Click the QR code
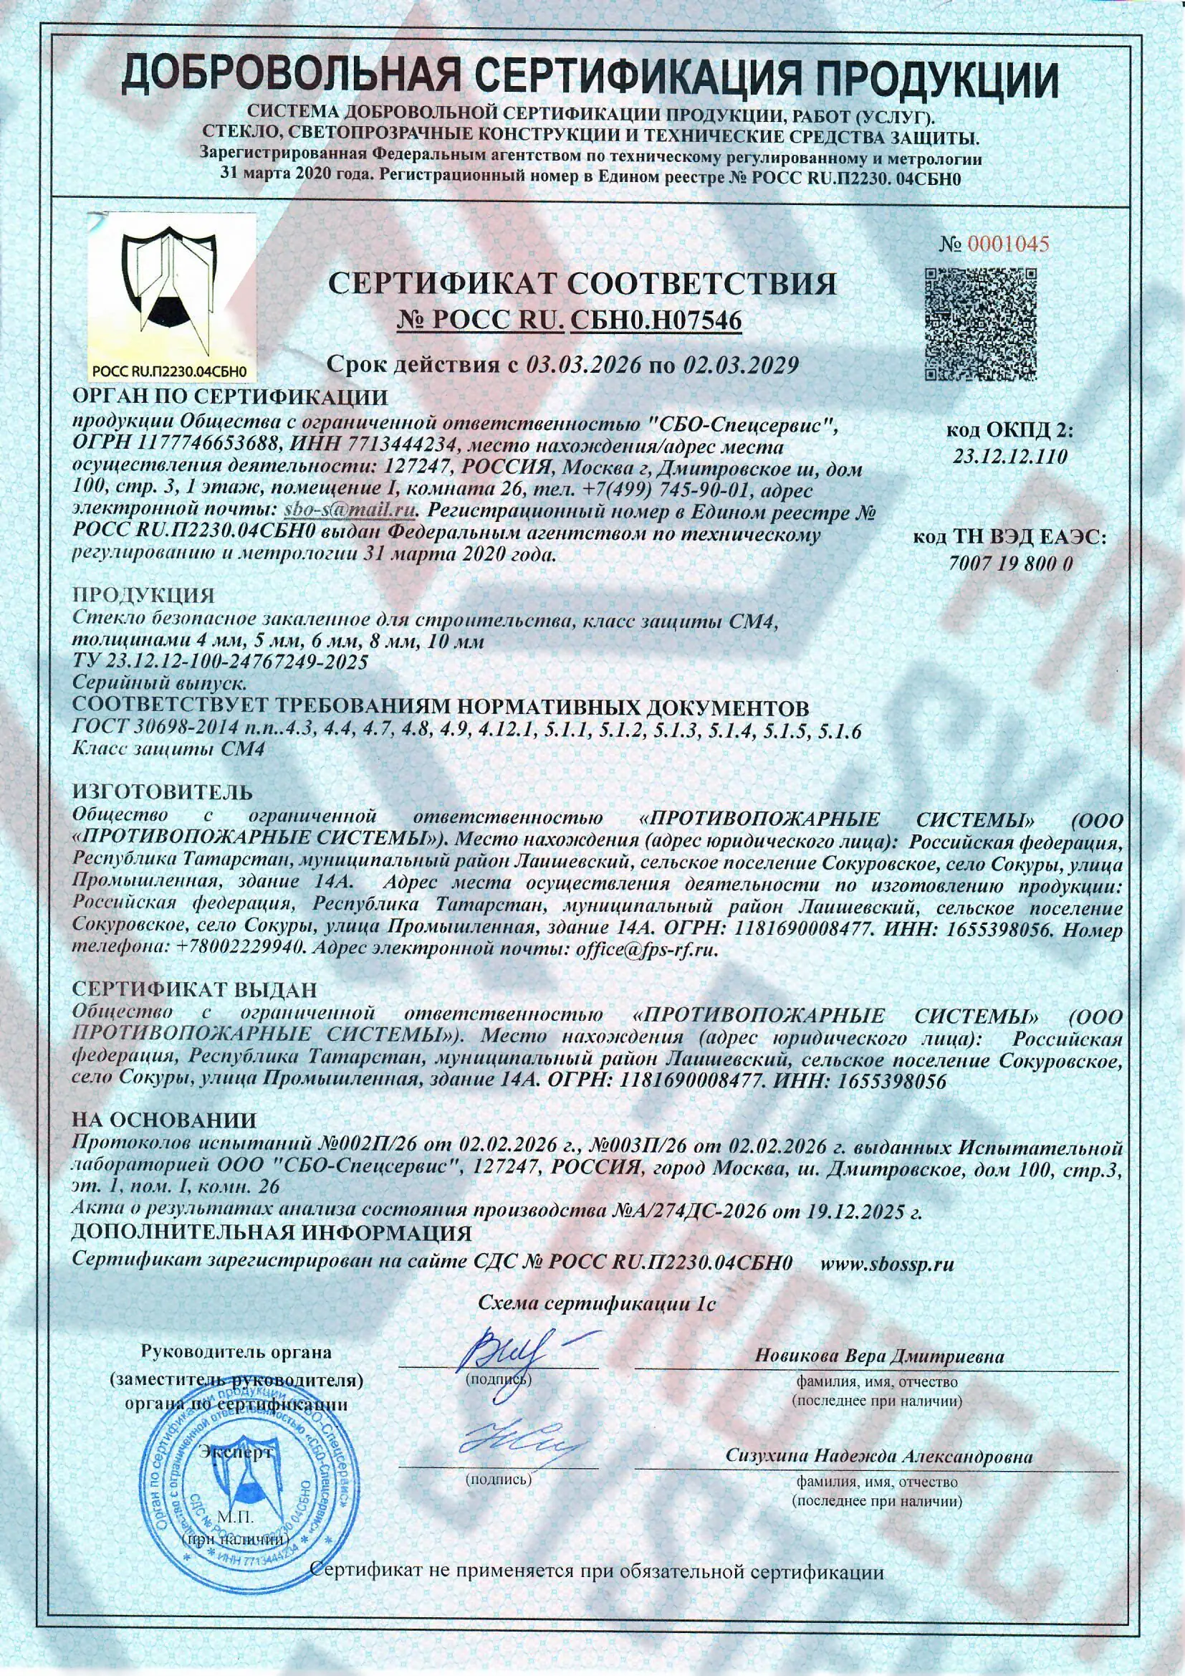coord(981,324)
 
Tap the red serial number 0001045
coord(1009,244)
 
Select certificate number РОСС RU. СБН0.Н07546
coord(570,320)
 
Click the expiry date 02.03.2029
coord(740,365)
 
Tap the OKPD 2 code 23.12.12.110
coord(1010,457)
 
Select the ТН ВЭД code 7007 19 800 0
coord(1010,563)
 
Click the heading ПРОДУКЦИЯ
coord(143,595)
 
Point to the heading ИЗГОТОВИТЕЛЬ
coord(162,792)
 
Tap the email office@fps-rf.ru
coord(646,950)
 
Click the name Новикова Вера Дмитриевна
coord(878,1356)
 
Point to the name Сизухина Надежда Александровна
coord(878,1455)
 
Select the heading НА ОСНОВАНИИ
coord(164,1120)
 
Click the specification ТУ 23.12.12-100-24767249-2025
coord(221,662)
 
